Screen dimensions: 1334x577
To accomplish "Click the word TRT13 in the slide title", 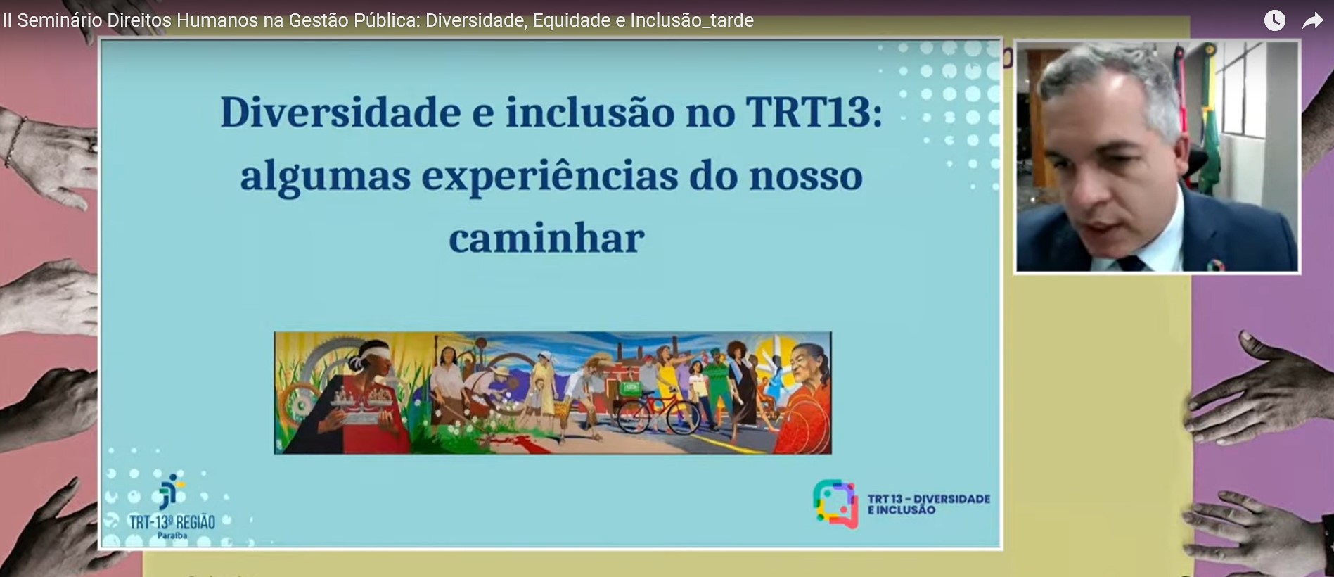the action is point(814,113).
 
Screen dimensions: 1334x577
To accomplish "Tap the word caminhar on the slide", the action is point(546,239).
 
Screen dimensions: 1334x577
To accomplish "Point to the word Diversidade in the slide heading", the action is point(340,113).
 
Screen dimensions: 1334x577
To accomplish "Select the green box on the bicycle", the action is point(631,387).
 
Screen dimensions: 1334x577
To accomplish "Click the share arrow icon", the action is point(1312,21).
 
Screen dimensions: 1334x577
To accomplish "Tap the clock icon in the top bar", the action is point(1275,20).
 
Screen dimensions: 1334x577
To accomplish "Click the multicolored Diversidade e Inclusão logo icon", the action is point(835,504).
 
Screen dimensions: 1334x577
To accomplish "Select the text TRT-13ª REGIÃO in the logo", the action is point(172,522).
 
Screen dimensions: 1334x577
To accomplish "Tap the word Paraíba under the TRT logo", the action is point(172,535).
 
